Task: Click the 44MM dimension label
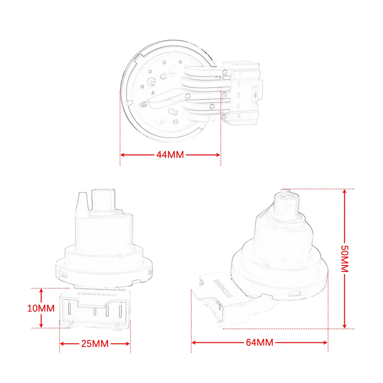(x=170, y=155)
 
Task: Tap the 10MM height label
(x=41, y=308)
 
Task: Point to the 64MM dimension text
(x=260, y=342)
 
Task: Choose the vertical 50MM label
(x=344, y=259)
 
